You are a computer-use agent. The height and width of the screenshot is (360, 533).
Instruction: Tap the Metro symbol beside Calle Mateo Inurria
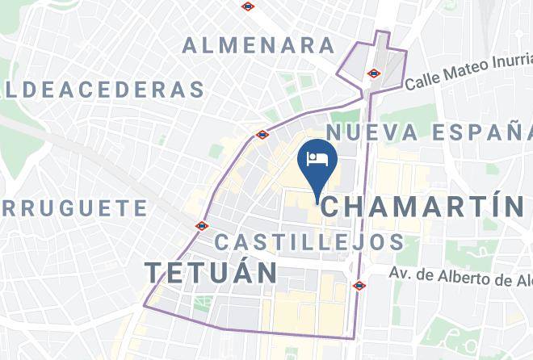tap(373, 73)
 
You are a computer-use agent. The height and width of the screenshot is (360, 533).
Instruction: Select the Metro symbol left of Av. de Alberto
tap(359, 285)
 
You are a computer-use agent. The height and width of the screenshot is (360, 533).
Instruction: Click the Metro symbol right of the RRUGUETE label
tap(201, 226)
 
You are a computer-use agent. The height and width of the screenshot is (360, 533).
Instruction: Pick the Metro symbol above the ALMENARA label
tap(248, 6)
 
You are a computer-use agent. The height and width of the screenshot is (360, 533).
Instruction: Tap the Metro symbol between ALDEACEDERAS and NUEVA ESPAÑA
tap(262, 135)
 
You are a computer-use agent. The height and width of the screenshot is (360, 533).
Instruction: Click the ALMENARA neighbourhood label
tap(259, 45)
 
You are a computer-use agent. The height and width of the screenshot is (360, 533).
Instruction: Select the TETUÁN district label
tap(212, 272)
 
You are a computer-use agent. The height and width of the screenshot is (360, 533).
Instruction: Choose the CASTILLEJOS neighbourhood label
tap(310, 241)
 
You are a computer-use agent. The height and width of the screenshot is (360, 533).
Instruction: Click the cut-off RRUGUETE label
tap(74, 208)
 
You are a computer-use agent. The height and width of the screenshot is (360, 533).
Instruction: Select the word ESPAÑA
tap(481, 132)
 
